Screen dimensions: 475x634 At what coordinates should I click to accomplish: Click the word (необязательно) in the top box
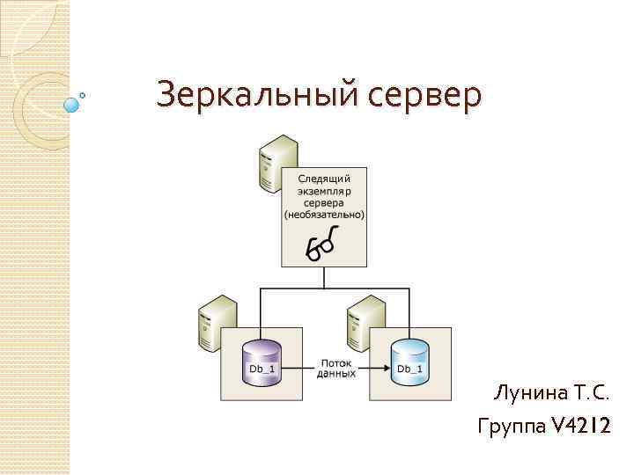[324, 214]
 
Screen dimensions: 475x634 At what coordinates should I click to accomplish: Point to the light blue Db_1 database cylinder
[409, 362]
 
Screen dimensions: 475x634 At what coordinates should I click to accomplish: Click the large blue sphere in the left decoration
[71, 105]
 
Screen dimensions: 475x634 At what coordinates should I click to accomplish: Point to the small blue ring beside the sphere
[83, 95]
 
